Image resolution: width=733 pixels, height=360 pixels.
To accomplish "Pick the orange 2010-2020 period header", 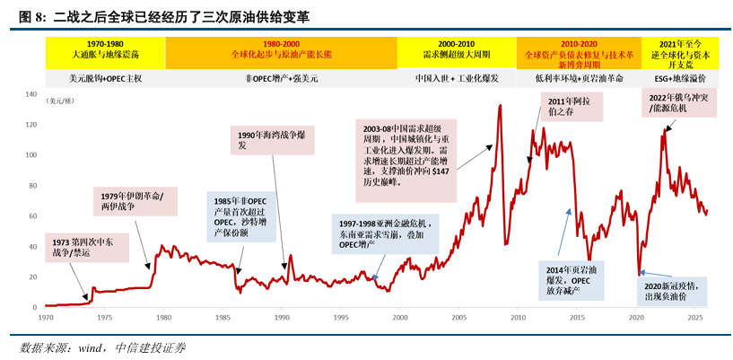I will point(573,53).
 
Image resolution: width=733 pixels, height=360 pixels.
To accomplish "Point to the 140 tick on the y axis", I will point(29,94).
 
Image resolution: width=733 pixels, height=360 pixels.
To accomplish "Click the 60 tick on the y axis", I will point(31,216).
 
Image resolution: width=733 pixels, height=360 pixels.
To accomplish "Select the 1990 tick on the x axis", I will point(281,317).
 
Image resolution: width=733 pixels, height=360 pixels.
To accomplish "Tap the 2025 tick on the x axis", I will point(694,317).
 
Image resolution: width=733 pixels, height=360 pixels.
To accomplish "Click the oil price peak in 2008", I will point(499,107).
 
